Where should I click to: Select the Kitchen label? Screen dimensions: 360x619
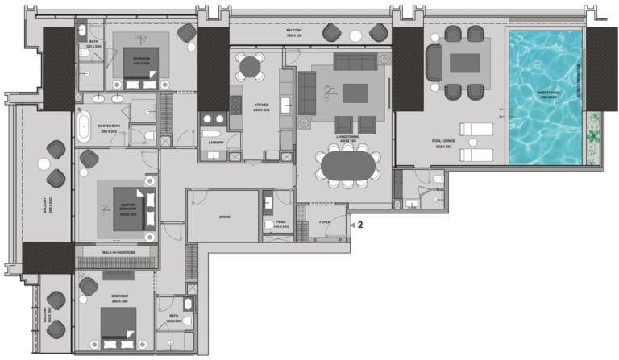coord(261,107)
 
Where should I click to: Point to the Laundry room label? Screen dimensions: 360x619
coord(215,143)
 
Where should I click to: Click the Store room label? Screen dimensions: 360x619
coord(225,216)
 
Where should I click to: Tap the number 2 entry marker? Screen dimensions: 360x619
coord(360,226)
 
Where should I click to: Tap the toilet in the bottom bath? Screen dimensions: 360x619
coord(187,304)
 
